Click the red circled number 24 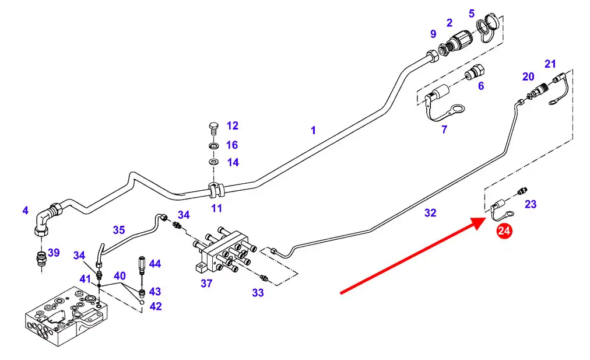(504, 231)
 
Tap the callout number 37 (206, 284)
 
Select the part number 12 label (233, 125)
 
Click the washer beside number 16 (213, 145)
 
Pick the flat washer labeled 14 (213, 161)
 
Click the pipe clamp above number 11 (216, 188)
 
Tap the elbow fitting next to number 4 (45, 218)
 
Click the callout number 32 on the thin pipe (430, 213)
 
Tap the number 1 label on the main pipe (313, 130)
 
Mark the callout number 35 (119, 230)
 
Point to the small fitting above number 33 (264, 278)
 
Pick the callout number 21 (550, 64)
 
